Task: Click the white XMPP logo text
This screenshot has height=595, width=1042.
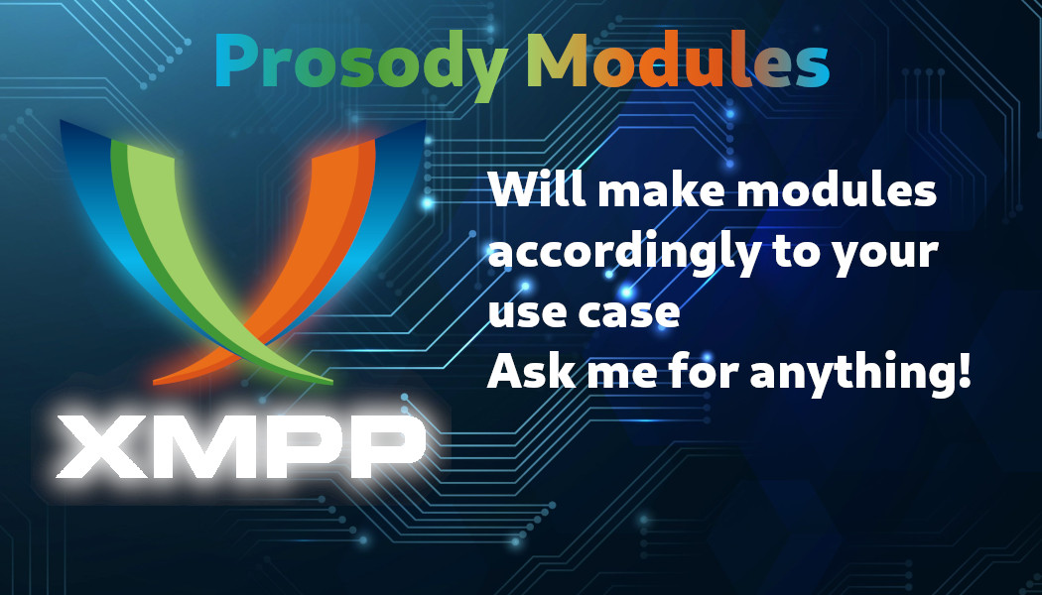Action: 240,446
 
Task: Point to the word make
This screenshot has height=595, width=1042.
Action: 661,189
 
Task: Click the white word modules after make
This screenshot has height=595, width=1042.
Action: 837,189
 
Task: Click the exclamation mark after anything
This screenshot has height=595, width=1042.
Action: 965,371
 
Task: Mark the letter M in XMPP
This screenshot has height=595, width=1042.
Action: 200,446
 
